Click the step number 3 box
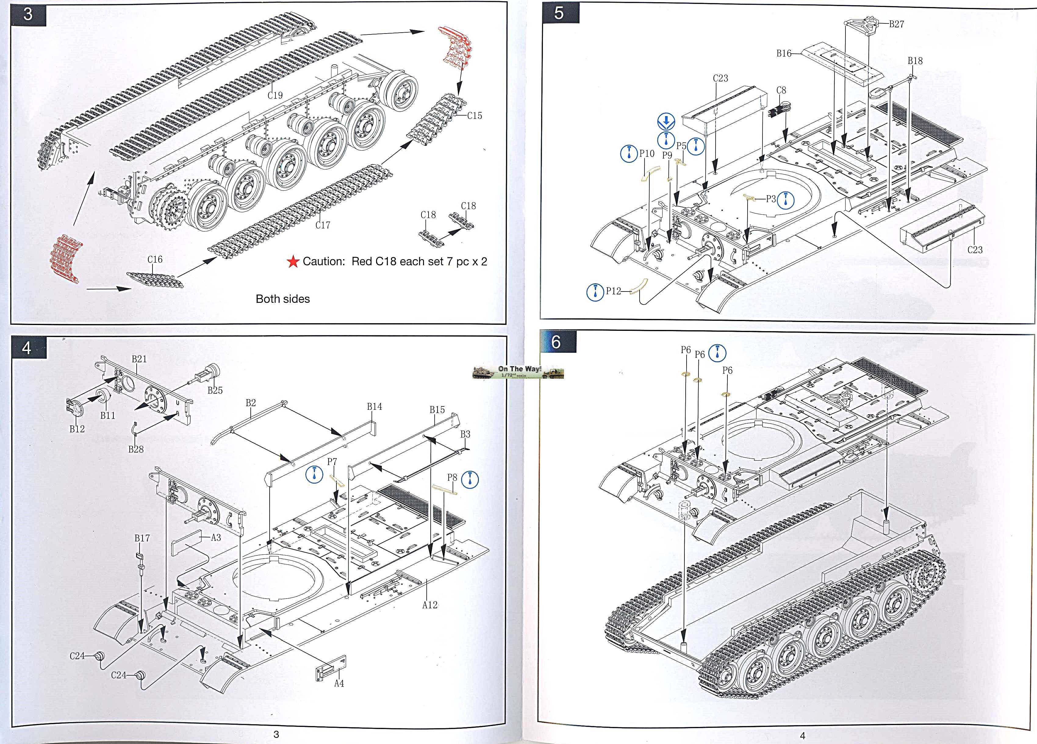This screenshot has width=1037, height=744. [28, 14]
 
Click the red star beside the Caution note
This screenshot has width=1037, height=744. [292, 262]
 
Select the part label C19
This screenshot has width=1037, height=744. [275, 95]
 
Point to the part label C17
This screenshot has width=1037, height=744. [322, 225]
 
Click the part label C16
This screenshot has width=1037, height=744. [155, 259]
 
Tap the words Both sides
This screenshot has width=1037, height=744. [282, 299]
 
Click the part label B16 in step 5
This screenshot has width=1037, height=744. [784, 53]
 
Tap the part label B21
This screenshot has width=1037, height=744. [139, 359]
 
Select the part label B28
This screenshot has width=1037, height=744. [136, 449]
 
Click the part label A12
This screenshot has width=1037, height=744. [429, 605]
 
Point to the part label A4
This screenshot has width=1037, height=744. [339, 683]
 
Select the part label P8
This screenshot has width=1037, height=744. [452, 477]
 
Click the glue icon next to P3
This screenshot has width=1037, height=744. [785, 200]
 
